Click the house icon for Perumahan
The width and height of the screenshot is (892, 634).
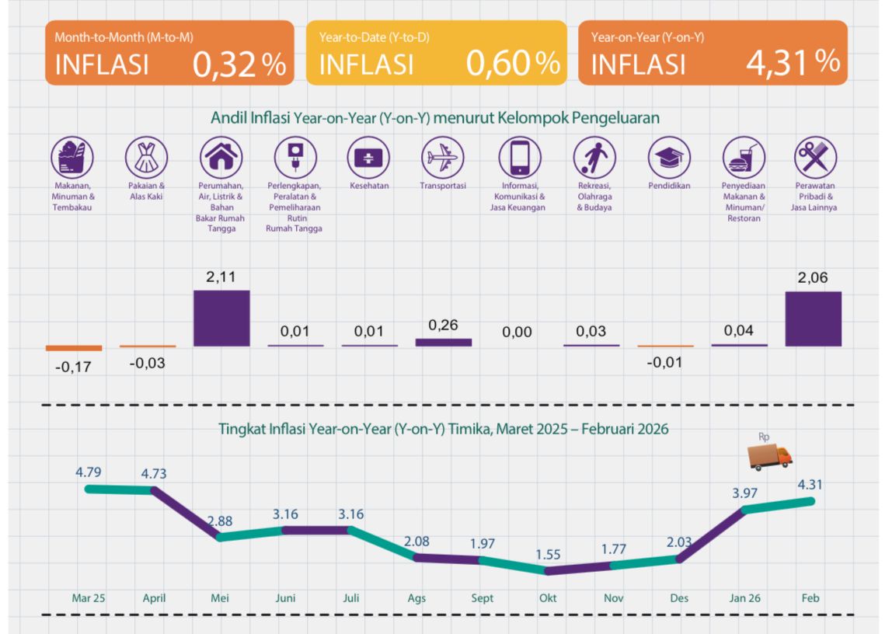point(221,158)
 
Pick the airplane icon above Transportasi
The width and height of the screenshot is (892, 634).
point(443,158)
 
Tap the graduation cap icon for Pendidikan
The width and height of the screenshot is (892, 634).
point(669,158)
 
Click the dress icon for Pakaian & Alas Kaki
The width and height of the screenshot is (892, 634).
point(146,158)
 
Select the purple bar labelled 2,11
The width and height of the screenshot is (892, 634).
point(221,318)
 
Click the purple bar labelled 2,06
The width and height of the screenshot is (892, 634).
point(814,319)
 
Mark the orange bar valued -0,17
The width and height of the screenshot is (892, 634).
point(73,348)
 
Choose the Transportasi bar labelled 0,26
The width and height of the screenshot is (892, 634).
point(444,342)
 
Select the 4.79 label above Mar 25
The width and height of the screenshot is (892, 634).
point(89,471)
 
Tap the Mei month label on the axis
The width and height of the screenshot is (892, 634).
point(219,598)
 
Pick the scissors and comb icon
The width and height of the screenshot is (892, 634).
point(815,158)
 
